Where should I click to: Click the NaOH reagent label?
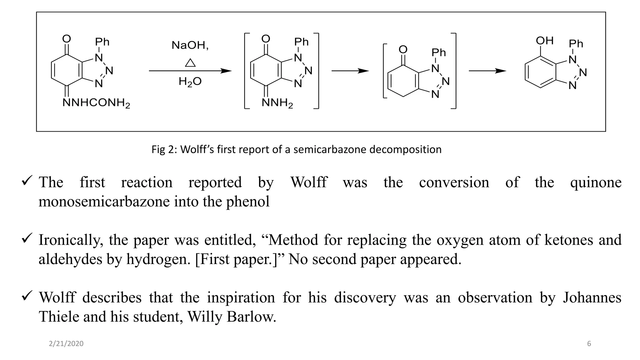(x=190, y=46)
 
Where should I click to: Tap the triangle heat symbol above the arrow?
(x=190, y=63)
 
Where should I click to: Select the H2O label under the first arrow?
(x=190, y=82)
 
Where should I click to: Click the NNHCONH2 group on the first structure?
(x=96, y=103)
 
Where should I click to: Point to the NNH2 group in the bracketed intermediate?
(x=277, y=103)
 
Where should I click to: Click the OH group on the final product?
(x=545, y=41)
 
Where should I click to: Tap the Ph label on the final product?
(x=576, y=43)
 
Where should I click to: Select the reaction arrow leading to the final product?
(x=487, y=71)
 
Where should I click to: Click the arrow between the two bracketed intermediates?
(x=350, y=71)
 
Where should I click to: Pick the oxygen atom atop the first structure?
(x=67, y=39)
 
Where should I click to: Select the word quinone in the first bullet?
(x=596, y=182)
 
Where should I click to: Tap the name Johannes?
(x=592, y=297)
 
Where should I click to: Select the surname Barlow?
(x=252, y=317)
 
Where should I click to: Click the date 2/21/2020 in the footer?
(x=66, y=344)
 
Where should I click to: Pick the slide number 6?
(x=589, y=344)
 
